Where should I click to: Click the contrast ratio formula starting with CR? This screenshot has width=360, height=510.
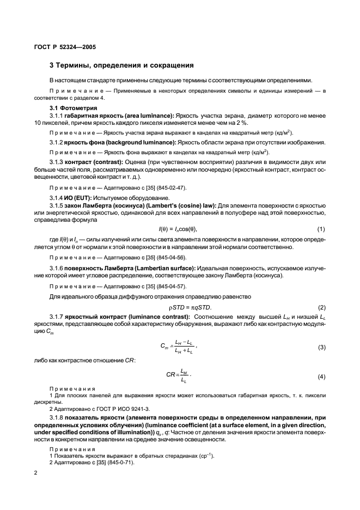click(180, 375)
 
